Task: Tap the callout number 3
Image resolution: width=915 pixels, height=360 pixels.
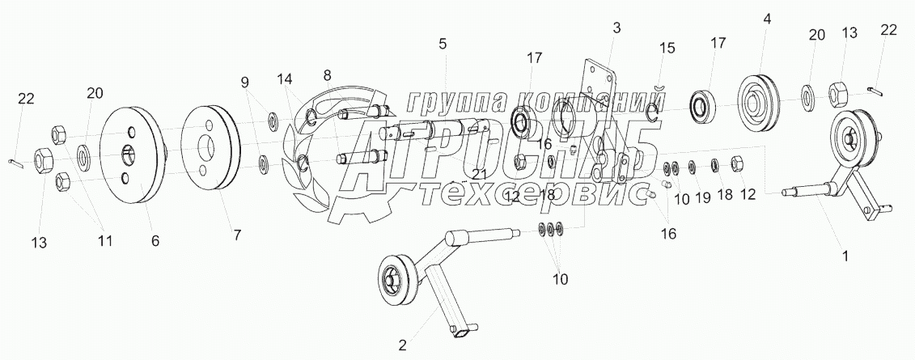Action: pos(616,28)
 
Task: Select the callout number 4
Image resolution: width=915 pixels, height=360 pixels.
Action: pos(765,17)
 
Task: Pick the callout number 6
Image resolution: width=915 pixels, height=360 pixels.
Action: pos(155,240)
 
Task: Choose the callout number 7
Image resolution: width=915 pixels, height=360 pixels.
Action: pos(236,235)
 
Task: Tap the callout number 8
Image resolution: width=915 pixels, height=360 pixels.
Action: pos(327,75)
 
